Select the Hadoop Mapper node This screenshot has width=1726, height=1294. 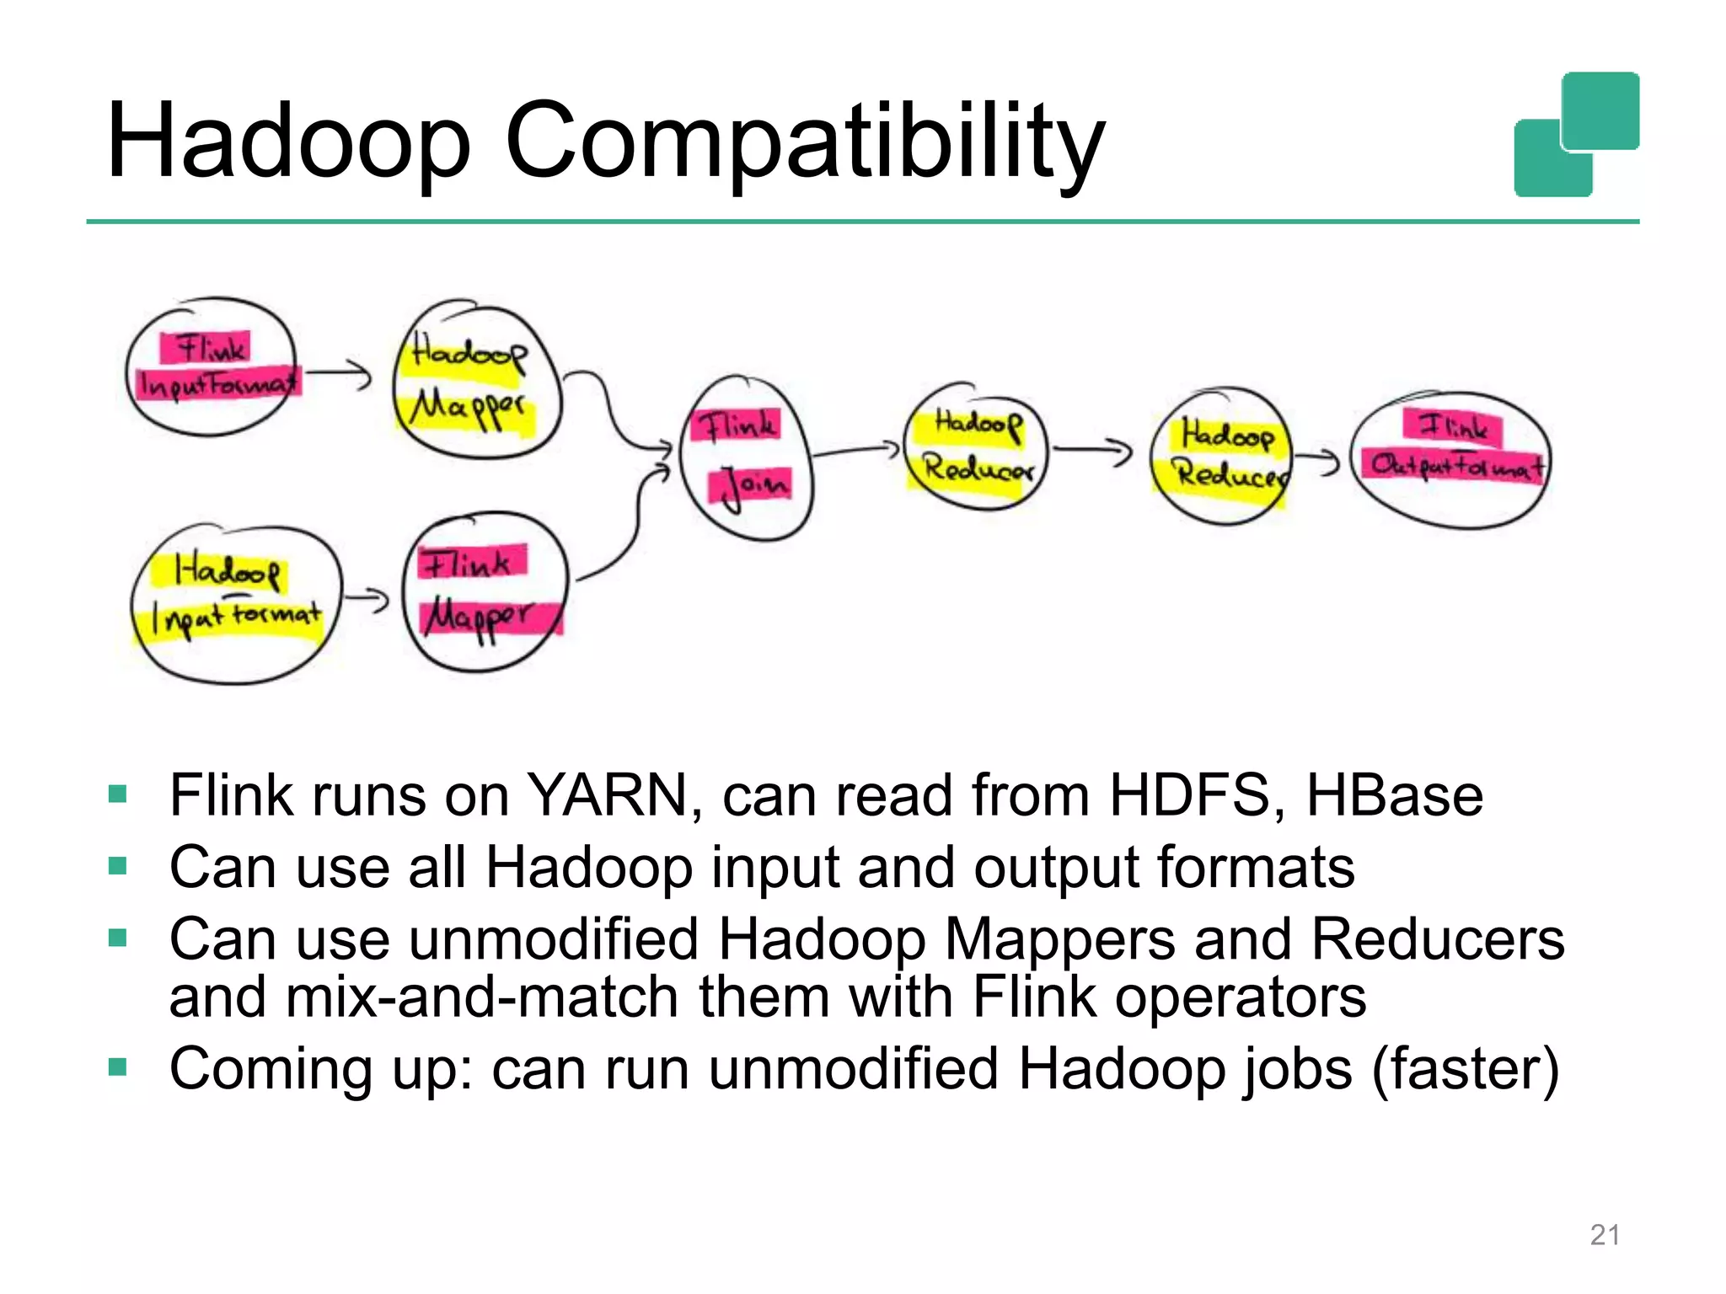click(x=476, y=381)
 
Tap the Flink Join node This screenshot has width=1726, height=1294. click(x=745, y=458)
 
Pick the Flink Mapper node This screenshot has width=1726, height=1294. click(x=485, y=591)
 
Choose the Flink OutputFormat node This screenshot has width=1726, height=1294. click(x=1451, y=459)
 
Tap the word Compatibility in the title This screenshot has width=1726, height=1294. click(x=804, y=142)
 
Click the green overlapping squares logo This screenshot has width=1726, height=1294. click(x=1576, y=135)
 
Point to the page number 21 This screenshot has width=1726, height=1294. click(x=1605, y=1234)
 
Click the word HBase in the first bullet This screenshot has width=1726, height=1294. click(x=1394, y=794)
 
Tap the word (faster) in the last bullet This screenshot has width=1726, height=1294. click(x=1466, y=1068)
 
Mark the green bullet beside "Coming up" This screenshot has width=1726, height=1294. click(x=118, y=1068)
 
